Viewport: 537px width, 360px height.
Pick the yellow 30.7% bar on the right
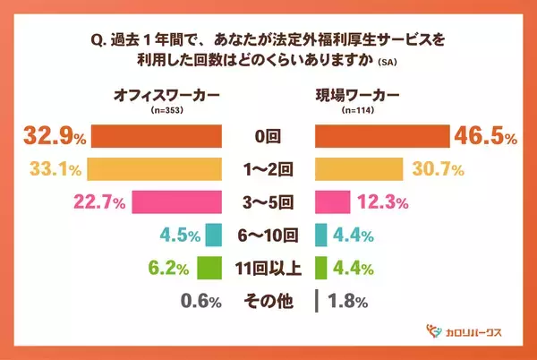[360, 169]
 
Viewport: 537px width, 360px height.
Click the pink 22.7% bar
[176, 202]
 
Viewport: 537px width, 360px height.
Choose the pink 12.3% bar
[334, 202]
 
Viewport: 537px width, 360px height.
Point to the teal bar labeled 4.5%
[213, 236]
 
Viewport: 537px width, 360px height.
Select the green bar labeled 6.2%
[209, 268]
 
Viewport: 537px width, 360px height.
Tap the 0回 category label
[268, 137]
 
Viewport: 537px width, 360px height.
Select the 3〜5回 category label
[268, 202]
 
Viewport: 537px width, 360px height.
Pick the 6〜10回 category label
[268, 236]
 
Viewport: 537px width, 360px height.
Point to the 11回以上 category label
[268, 268]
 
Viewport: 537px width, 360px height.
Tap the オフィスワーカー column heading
[157, 93]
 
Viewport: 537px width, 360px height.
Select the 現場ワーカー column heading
[357, 93]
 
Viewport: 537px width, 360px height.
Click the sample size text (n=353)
[157, 107]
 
